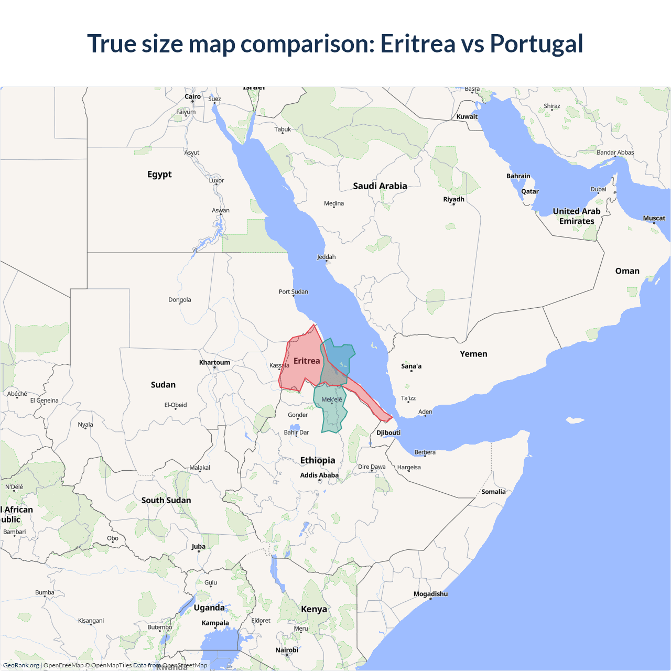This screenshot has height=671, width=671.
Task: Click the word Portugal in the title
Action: point(536,44)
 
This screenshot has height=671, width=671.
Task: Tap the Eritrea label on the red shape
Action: point(307,361)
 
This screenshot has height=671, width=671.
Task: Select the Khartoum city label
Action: point(214,362)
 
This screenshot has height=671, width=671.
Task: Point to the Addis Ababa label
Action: point(319,475)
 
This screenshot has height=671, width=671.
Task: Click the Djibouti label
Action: point(388,432)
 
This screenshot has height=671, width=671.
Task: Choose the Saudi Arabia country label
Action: point(380,186)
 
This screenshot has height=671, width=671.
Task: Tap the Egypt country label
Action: point(159,175)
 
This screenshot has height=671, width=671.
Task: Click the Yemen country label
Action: point(473,354)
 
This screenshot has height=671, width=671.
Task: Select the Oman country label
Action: point(627,271)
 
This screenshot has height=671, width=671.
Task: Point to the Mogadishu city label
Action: point(430,594)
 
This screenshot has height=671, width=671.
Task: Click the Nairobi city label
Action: point(287,650)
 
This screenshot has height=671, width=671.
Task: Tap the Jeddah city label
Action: point(326,257)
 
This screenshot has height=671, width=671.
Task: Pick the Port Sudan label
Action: point(294,291)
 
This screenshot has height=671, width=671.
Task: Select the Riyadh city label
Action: point(453,199)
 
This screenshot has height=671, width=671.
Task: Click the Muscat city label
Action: point(654,218)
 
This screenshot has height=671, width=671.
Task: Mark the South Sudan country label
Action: point(166,501)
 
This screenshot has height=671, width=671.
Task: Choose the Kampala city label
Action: point(215,623)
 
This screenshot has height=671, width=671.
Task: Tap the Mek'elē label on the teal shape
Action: point(331,399)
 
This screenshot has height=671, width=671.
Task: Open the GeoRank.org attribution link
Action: point(21,665)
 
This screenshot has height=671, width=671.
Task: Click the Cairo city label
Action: point(192,96)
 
